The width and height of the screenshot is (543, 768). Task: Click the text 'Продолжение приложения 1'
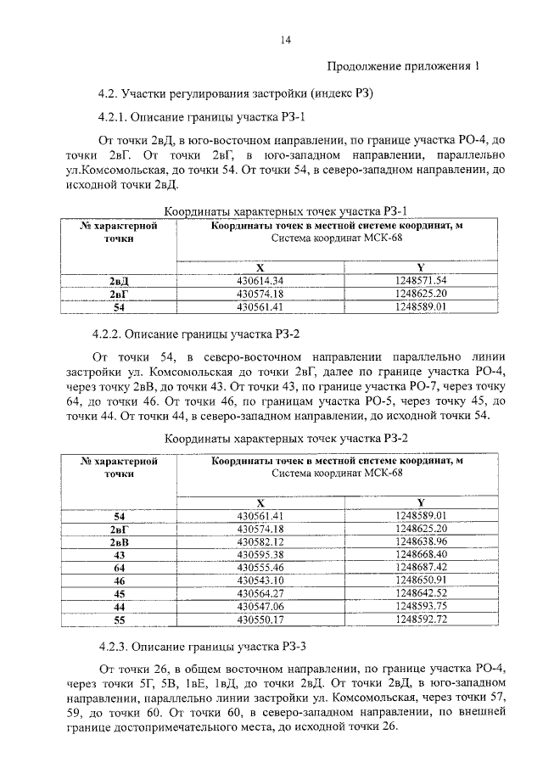click(x=403, y=65)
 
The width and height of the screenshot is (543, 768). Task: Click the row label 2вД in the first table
click(x=119, y=281)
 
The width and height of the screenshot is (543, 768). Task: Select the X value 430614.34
click(x=260, y=281)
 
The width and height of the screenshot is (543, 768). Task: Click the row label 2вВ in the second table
click(x=119, y=541)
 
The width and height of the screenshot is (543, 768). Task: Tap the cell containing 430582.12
click(x=260, y=541)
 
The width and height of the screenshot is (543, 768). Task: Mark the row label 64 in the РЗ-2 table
click(x=119, y=567)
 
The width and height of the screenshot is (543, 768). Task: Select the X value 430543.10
click(x=260, y=580)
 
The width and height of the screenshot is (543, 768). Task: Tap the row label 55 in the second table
click(x=119, y=619)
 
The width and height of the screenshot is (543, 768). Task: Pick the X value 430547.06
click(x=260, y=607)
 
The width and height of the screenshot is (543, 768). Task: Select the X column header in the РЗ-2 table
click(x=260, y=502)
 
